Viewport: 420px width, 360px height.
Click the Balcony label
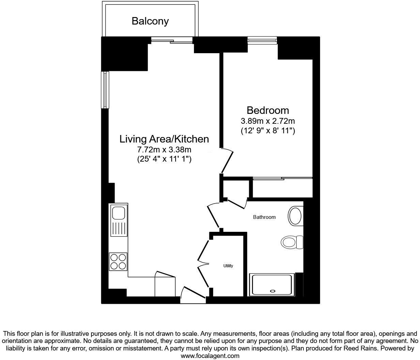pos(150,21)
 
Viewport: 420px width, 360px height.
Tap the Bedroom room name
pos(268,110)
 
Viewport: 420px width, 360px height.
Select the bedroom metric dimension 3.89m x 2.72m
pos(268,121)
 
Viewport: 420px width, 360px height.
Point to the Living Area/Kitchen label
pos(164,139)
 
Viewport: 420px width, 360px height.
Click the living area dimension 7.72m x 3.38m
pos(164,149)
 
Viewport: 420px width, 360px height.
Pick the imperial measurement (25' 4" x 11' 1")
pos(164,159)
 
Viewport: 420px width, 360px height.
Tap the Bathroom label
pos(264,217)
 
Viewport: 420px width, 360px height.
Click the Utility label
pos(228,266)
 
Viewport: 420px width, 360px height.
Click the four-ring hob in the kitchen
pos(118,261)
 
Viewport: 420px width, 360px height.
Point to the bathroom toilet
pos(292,242)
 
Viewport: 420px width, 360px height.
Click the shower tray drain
pos(272,291)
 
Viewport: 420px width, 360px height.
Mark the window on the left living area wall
pos(105,90)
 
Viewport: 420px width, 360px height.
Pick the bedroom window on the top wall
pos(262,41)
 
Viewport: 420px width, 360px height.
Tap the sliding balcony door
pos(172,41)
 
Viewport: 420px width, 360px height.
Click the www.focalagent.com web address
pos(210,356)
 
